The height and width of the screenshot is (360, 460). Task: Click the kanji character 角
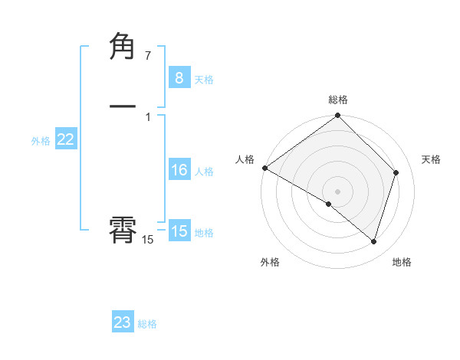pos(123,47)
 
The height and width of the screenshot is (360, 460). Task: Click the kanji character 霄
pos(123,229)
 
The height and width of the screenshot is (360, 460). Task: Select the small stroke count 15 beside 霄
pos(147,240)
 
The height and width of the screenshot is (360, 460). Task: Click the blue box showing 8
pos(179,77)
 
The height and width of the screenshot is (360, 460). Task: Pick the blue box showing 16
pos(179,170)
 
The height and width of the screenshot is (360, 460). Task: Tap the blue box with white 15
pos(179,231)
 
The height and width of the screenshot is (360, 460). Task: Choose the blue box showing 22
pos(65,139)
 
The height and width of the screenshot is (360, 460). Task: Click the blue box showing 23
pos(123,322)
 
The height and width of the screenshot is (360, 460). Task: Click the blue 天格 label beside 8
pos(204,80)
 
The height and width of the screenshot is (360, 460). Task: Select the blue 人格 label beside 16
pos(204,172)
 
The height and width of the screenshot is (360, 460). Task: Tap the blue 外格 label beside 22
pos(41,141)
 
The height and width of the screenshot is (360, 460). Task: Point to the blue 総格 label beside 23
pos(147,325)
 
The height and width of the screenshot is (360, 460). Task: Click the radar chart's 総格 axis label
pos(338,100)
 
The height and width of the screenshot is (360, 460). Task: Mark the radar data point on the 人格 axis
pos(264,168)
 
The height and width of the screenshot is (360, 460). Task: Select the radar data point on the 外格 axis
pos(329,204)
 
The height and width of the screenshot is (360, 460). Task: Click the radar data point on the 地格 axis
pos(373,241)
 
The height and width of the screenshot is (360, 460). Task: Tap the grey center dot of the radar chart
pos(338,191)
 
